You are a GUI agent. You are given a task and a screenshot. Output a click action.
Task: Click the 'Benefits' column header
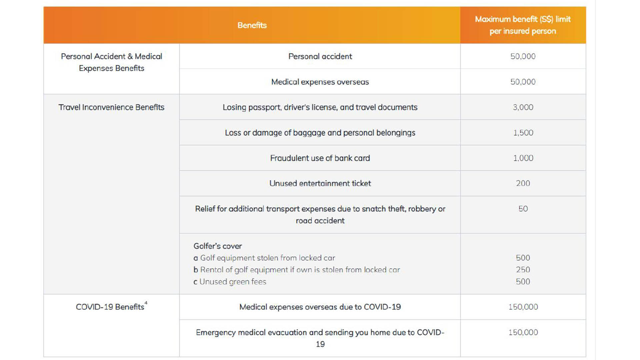coord(252,25)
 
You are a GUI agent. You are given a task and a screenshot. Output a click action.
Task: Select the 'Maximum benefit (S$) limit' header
coord(523,19)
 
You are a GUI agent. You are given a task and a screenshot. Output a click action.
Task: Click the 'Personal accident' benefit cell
coord(320,56)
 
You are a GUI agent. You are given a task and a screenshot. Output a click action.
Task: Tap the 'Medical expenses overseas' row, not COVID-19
coord(320,82)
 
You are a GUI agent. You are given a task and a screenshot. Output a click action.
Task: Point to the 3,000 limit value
coord(523,107)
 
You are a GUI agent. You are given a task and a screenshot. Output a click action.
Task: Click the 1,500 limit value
coord(523,133)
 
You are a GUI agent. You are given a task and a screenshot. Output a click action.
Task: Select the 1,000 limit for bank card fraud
coord(523,158)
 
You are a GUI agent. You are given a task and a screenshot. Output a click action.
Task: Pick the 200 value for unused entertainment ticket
coord(523,183)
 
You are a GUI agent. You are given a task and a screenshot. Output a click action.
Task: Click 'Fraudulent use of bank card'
coord(320,158)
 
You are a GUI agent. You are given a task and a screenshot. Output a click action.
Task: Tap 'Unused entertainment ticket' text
coord(320,183)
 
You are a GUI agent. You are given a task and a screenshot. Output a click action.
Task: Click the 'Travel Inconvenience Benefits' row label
coord(111,107)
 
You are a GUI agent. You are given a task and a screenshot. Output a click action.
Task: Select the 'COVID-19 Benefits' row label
coord(110,307)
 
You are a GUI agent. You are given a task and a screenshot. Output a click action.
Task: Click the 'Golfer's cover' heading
coord(218,246)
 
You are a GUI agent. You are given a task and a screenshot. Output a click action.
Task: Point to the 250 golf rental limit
coord(523,270)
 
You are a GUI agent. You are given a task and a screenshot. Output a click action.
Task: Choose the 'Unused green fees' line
coord(233,282)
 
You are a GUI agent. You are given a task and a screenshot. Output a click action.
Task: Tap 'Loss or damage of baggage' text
coord(320,133)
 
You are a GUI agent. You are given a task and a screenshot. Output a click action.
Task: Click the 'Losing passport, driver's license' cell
coord(320,107)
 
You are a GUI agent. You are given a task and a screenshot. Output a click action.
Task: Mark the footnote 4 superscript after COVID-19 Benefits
coord(146,303)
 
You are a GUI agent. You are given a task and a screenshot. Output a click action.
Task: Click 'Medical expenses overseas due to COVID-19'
coord(320,307)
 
